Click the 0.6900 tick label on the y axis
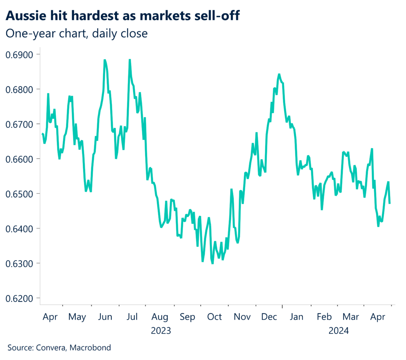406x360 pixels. [x=20, y=54]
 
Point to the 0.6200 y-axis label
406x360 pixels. [x=20, y=298]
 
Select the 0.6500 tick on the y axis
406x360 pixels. [x=20, y=194]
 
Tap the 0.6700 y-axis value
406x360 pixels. [x=20, y=124]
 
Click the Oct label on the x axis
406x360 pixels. [x=214, y=317]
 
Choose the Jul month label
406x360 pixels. [x=132, y=317]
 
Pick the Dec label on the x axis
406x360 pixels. [x=270, y=317]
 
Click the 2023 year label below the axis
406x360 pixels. [x=161, y=330]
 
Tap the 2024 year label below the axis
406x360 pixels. [x=338, y=330]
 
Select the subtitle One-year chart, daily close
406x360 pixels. [x=77, y=34]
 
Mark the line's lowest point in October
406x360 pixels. [x=213, y=263]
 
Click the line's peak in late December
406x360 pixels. [x=279, y=74]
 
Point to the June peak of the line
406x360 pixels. [x=105, y=60]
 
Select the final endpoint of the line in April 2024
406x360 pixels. [x=390, y=203]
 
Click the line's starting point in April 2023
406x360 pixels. [x=42, y=134]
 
